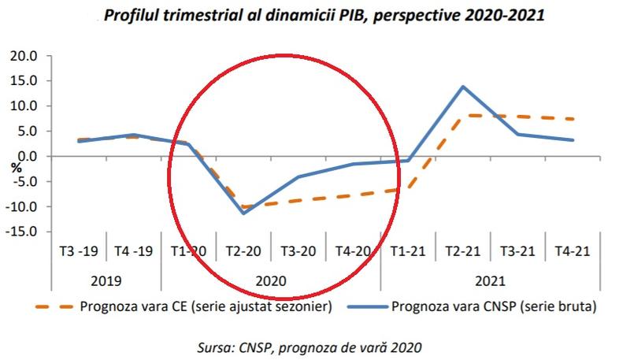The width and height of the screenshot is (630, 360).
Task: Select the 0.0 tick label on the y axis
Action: tap(27, 156)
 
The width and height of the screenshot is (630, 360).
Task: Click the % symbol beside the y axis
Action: tap(16, 168)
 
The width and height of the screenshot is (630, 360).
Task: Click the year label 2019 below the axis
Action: tap(106, 280)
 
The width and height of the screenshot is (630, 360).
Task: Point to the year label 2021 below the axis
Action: tap(490, 280)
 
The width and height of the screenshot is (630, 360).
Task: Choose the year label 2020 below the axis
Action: tap(271, 280)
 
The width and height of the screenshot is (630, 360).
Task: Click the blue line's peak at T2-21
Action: tap(462, 87)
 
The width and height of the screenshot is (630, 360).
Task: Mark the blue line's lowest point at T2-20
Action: tap(243, 213)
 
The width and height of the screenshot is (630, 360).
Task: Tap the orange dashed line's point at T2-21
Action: tap(462, 115)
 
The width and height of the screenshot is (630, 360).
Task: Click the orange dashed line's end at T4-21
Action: tap(573, 119)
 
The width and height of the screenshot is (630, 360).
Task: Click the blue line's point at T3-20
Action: tap(298, 176)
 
